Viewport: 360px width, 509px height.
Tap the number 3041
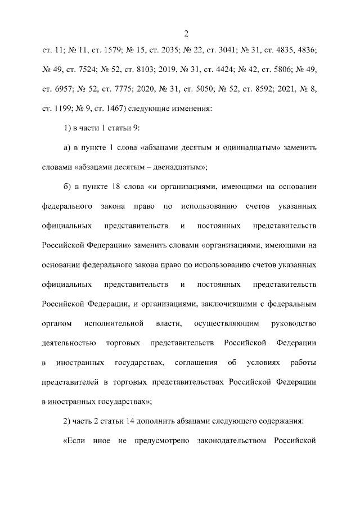coord(227,51)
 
